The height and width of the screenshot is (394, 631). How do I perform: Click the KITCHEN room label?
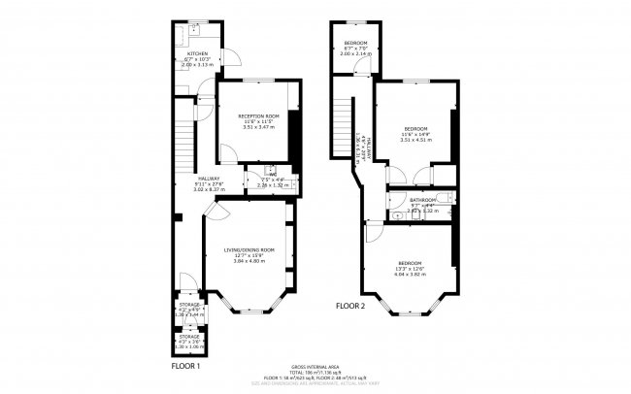pyautogui.click(x=198, y=54)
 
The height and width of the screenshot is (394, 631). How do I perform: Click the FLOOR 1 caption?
pyautogui.click(x=185, y=367)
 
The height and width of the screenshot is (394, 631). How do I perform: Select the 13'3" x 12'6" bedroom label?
pyautogui.click(x=410, y=263)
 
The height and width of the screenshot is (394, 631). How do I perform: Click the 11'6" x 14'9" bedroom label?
pyautogui.click(x=415, y=128)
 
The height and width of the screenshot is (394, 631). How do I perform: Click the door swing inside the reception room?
pyautogui.click(x=227, y=150)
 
